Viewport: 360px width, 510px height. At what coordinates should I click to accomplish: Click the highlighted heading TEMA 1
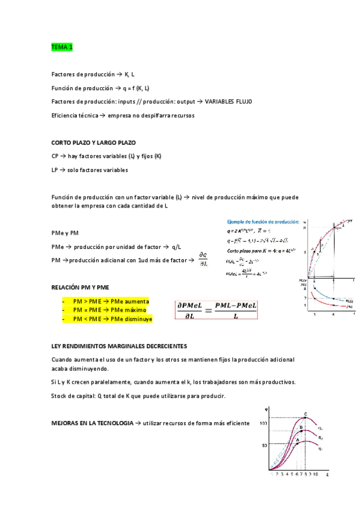point(62,46)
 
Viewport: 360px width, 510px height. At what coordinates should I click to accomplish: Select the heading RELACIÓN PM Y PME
point(81,287)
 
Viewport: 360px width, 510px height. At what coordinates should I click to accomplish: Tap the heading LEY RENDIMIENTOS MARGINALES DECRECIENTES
point(119,346)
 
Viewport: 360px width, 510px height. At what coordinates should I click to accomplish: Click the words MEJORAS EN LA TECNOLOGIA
point(93,423)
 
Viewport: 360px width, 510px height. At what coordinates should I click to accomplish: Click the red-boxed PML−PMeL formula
point(216,310)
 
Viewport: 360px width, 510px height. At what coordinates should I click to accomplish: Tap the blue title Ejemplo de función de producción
point(262,221)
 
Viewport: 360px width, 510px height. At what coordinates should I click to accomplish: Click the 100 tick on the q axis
point(263,424)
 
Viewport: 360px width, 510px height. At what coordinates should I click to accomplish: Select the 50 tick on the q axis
point(264,445)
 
